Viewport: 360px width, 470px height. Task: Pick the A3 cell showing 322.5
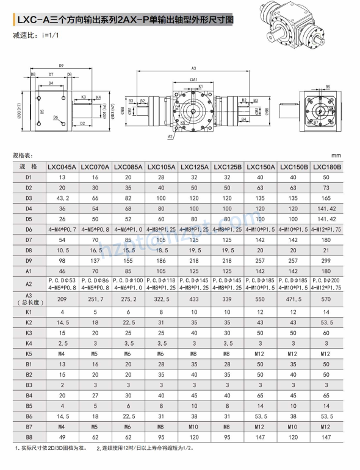(x=161, y=299)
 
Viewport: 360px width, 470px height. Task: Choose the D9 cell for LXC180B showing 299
(x=326, y=260)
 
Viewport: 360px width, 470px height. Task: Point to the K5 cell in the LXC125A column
(x=194, y=353)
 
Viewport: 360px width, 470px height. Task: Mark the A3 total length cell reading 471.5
(x=293, y=299)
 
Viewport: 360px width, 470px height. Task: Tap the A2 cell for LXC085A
(x=128, y=283)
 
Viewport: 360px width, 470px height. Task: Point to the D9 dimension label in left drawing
(x=61, y=65)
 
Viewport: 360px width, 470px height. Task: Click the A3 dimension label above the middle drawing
(x=193, y=68)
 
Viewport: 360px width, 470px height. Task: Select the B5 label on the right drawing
(x=327, y=87)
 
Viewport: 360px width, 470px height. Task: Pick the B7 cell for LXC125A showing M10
(x=194, y=426)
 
